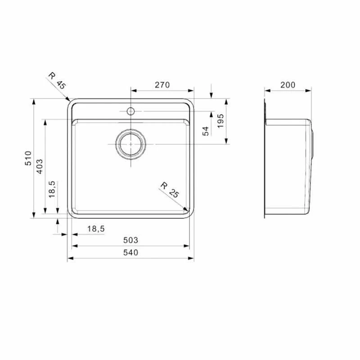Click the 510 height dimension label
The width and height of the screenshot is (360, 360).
[28, 158]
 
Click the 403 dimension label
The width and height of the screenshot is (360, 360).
[40, 166]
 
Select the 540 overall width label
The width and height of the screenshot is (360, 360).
[130, 252]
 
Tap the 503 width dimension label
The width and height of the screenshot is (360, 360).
[130, 240]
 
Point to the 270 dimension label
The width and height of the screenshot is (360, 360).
[162, 85]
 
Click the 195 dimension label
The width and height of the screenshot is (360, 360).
[220, 121]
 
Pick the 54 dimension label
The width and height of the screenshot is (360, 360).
[206, 131]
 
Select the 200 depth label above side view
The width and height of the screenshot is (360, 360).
[288, 85]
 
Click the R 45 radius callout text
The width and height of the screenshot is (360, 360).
[57, 81]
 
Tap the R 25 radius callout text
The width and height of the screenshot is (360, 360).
[170, 190]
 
